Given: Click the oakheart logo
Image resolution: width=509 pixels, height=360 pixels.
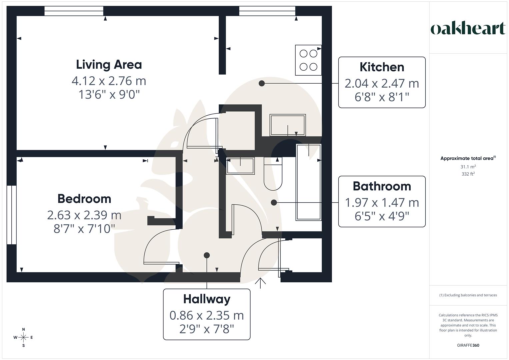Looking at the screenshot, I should coord(468,29).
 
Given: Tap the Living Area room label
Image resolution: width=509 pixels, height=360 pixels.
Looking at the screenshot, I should coord(109,64).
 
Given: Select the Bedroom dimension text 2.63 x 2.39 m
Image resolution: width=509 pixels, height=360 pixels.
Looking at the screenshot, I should coord(84,215).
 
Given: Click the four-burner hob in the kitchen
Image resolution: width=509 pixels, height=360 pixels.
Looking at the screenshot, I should coord(308,60).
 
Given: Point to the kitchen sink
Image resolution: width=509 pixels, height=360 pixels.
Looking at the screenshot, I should coord(288,125).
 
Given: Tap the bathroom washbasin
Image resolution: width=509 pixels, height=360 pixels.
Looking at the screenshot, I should coord(240,166).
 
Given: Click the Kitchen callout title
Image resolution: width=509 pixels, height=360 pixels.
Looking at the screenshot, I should coord(382,67).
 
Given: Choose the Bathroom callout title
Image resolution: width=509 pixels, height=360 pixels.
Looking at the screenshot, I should coord(382,186).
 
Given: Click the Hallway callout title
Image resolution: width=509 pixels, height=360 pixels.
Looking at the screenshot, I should coord(207,299).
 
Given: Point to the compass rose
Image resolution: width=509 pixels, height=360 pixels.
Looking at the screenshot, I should coord(23,337).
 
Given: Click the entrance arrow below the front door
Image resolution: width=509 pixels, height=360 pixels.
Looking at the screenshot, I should coord(260,283).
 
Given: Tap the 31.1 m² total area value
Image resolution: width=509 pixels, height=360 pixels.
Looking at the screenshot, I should coord(468,167).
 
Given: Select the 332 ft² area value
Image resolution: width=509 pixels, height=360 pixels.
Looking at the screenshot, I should coord(468,174).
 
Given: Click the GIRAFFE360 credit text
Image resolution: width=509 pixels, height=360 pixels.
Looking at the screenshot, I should coord(468,345).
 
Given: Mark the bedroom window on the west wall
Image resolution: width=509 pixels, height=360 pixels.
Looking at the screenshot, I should coord(11,215).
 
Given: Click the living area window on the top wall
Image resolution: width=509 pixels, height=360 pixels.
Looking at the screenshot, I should coord(74,11).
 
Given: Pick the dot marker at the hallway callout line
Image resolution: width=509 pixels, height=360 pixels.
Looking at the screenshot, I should coord(207,255).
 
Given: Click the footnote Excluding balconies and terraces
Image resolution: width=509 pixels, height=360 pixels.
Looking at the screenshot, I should coord(468,295).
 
